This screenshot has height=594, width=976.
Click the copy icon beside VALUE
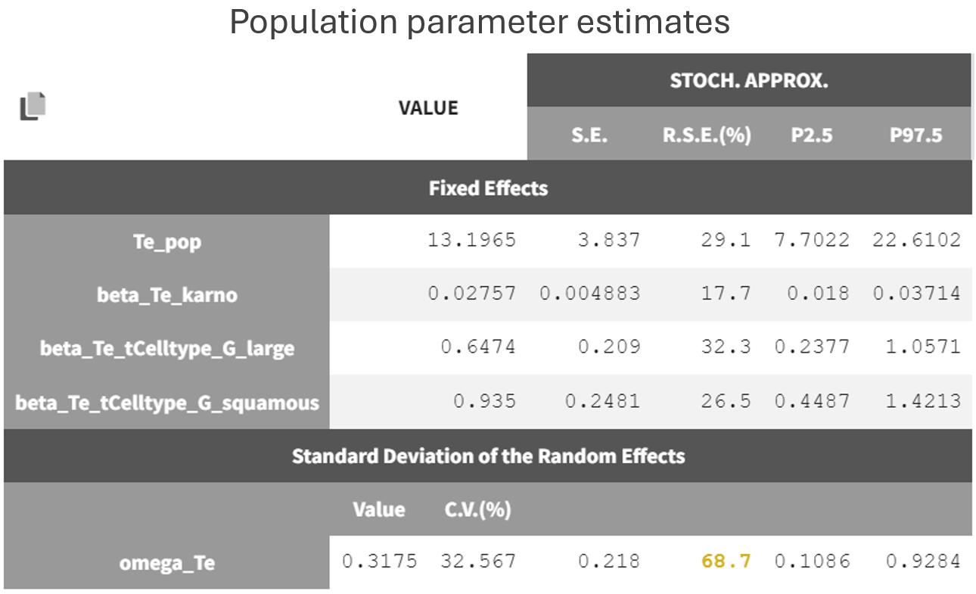33,106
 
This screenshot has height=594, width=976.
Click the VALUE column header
428,108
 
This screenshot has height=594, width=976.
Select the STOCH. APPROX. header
748,81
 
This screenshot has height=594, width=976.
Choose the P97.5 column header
915,135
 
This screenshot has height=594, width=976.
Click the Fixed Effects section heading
488,188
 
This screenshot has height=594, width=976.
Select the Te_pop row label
167,243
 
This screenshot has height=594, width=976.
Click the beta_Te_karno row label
167,295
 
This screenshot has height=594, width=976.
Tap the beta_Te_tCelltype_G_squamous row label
167,403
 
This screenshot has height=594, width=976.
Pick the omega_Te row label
167,563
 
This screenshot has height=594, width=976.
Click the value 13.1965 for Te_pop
471,241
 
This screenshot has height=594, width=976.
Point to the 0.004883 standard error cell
590,294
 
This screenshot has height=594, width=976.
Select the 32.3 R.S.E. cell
726,347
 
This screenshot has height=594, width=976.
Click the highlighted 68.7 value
726,561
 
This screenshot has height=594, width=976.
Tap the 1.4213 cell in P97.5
923,401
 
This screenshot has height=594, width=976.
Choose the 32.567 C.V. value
478,561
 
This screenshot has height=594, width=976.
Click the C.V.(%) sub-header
477,510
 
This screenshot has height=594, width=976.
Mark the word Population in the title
313,23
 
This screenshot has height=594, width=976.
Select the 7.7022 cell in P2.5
812,241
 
